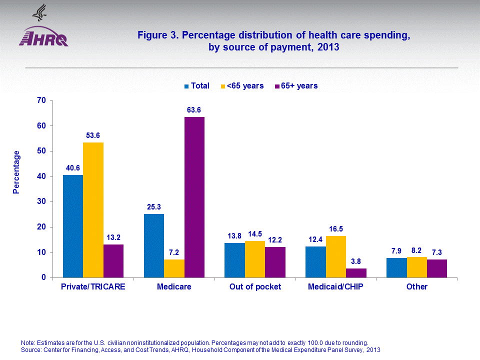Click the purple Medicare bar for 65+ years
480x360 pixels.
(x=194, y=197)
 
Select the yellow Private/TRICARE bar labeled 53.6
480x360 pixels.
(x=93, y=210)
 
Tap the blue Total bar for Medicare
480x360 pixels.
(x=153, y=245)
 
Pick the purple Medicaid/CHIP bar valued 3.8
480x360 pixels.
(x=356, y=272)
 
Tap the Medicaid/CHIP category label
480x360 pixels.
(x=335, y=287)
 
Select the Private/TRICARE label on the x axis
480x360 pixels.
(x=93, y=287)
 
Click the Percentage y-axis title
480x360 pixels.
(x=16, y=172)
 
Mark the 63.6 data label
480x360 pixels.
(x=194, y=109)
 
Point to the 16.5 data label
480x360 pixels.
(x=335, y=228)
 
